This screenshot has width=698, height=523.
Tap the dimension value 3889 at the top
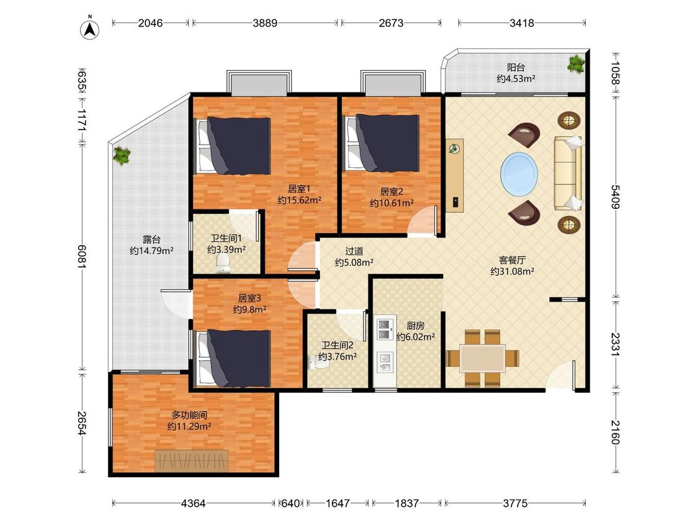tap(265, 23)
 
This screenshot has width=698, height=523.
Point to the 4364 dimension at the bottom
tap(193, 503)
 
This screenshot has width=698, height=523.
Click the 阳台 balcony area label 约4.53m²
tap(516, 79)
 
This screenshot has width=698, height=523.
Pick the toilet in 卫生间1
tap(222, 263)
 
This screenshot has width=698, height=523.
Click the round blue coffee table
tap(519, 173)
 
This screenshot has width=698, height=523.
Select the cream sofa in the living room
tap(568, 174)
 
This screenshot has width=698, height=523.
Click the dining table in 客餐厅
tap(483, 358)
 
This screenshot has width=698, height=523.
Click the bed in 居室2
tap(382, 143)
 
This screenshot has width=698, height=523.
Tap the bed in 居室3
tap(234, 358)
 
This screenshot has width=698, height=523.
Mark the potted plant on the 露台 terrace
tap(122, 156)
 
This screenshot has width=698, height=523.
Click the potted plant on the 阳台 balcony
tap(576, 64)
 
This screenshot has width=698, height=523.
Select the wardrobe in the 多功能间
tap(192, 461)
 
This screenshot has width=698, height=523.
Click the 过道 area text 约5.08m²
tap(354, 262)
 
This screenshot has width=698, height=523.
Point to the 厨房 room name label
tap(415, 325)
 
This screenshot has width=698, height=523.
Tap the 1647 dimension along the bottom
tap(338, 503)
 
